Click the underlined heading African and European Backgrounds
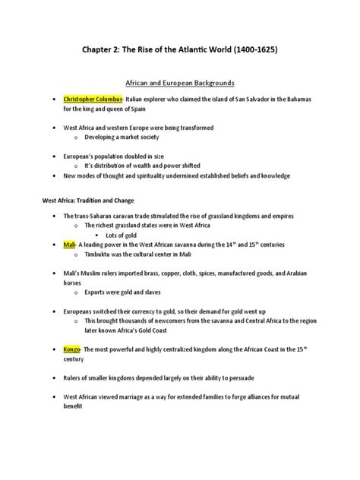click(x=180, y=79)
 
